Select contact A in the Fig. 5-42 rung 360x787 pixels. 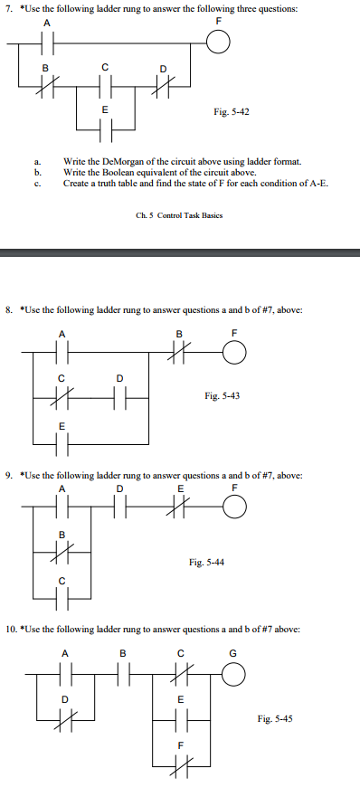click(x=48, y=42)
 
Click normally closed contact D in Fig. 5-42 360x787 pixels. click(x=163, y=84)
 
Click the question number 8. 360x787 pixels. click(x=10, y=309)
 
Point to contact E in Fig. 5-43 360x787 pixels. click(x=62, y=442)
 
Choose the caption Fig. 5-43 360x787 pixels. click(x=222, y=395)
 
